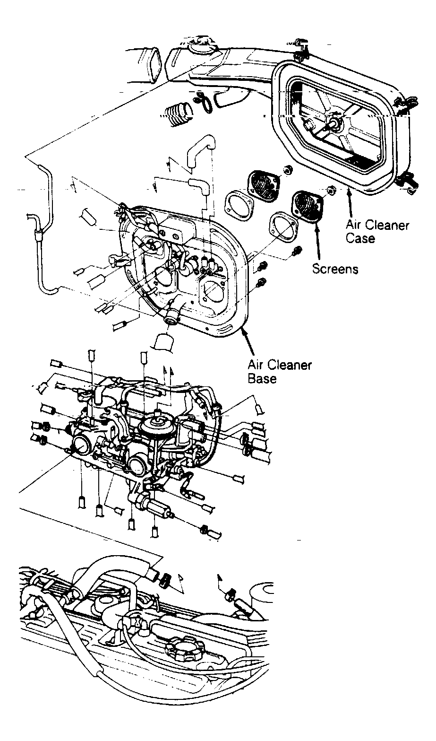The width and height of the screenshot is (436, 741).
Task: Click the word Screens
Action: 335,269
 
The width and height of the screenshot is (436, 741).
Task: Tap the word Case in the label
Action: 360,238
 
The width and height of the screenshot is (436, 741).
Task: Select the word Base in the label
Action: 262,379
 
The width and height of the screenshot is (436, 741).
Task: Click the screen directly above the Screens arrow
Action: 307,204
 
